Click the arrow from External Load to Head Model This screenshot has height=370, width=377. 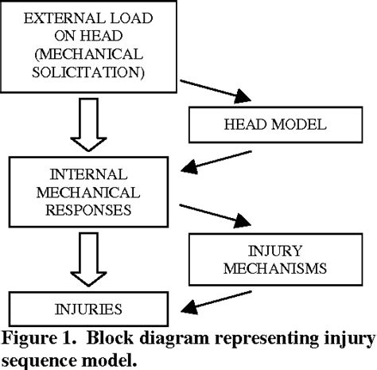click(211, 92)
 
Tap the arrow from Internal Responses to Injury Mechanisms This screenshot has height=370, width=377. click(211, 216)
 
